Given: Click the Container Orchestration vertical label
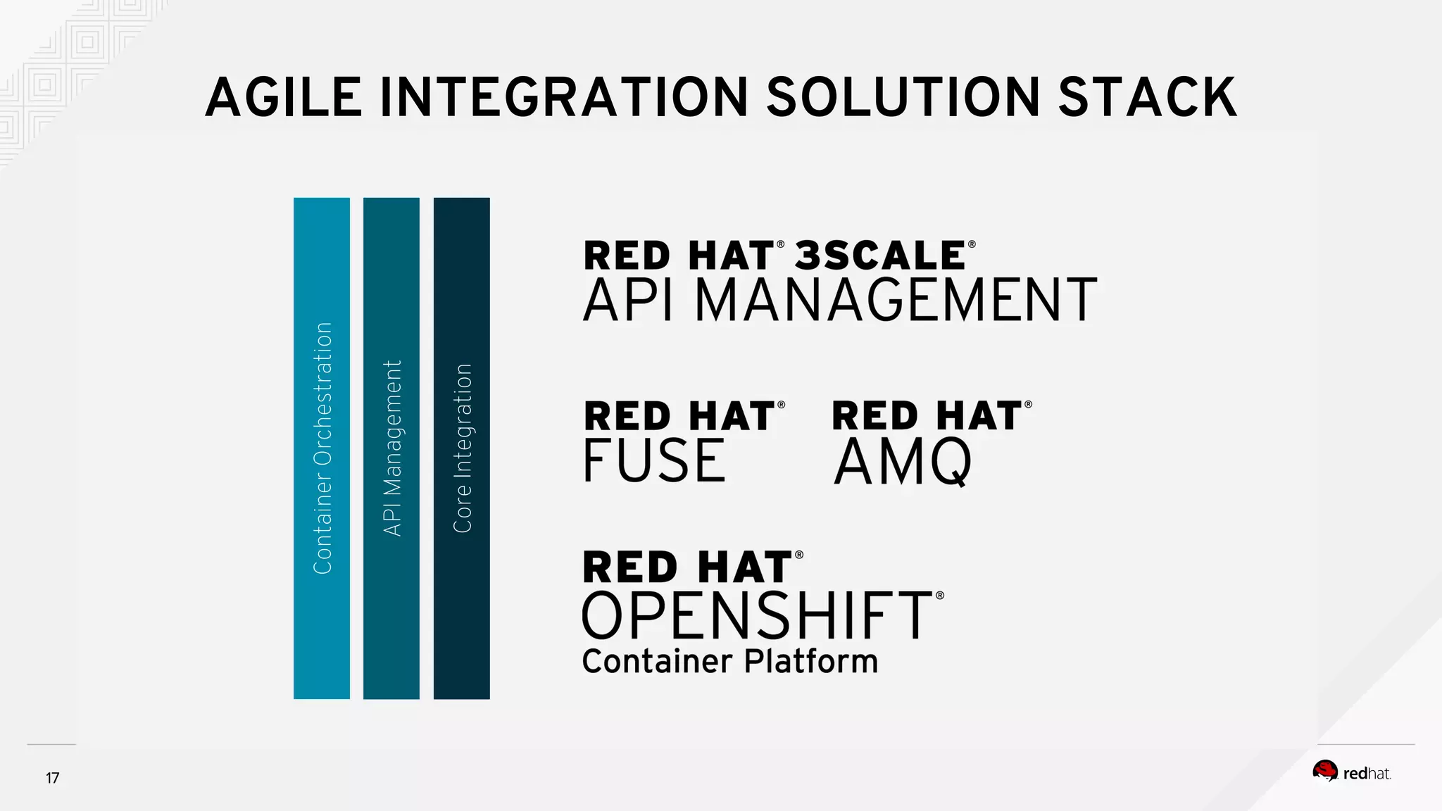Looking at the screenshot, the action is click(x=322, y=448).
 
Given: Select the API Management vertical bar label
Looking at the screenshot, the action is click(x=392, y=448).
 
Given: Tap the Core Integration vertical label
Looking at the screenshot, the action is click(x=462, y=448).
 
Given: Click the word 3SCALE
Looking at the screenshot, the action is click(x=880, y=255).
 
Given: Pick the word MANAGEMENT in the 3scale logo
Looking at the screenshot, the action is click(x=896, y=300).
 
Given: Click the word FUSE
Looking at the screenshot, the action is click(x=654, y=460).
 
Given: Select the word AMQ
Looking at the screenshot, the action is click(x=903, y=462).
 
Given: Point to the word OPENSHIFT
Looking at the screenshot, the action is click(x=758, y=615).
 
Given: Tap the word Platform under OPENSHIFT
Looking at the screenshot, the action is click(x=811, y=662).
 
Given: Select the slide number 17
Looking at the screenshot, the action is click(x=53, y=778).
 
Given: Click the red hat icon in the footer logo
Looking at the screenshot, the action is click(x=1325, y=772).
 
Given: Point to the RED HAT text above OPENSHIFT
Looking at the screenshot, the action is click(x=688, y=567).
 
